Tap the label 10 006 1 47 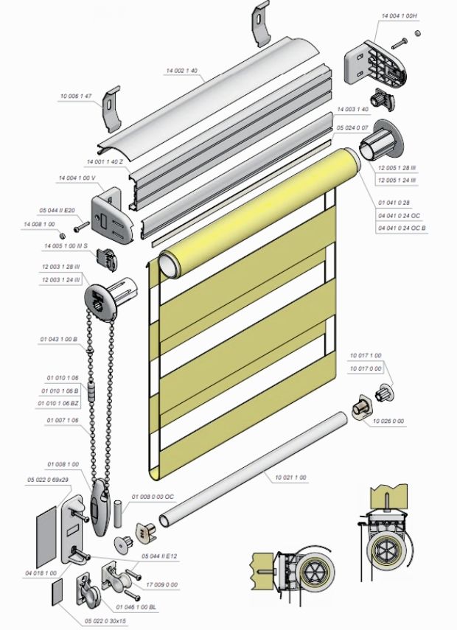coord(76,96)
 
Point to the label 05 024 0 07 coord(352,127)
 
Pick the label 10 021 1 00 coord(290,479)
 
